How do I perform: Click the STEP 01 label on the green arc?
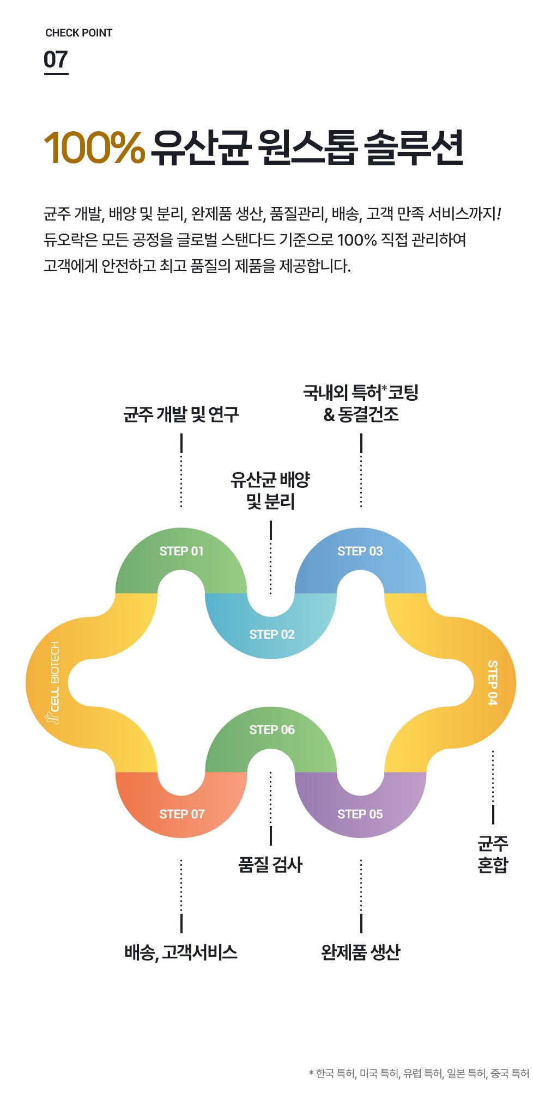181,551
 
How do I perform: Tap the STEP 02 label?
271,634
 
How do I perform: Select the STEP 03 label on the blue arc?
360,551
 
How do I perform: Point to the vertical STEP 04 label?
492,682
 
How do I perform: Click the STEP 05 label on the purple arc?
360,814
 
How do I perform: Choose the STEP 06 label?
271,730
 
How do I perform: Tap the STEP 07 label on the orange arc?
181,814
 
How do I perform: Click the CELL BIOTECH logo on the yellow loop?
54,682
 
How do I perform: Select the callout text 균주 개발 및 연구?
181,415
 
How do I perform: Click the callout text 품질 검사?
270,864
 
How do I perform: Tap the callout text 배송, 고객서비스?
181,952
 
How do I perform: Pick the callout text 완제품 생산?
361,952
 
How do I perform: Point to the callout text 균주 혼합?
493,854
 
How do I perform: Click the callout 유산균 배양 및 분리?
270,490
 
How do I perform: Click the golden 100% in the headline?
94,148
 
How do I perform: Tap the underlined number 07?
56,60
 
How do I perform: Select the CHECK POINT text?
79,33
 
